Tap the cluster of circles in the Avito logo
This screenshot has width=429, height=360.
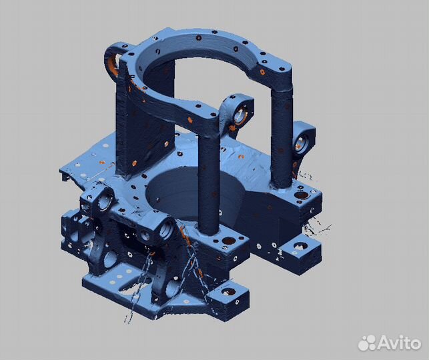(x=368, y=342)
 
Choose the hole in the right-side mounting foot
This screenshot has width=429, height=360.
(x=297, y=247)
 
